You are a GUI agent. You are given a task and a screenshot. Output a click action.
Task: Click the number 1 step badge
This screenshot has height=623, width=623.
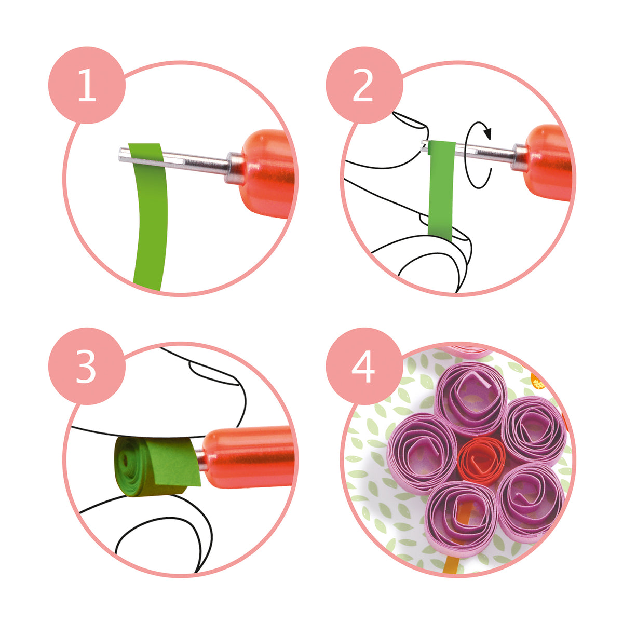[87, 86]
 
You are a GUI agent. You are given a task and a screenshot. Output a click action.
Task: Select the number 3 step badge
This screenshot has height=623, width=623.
[87, 367]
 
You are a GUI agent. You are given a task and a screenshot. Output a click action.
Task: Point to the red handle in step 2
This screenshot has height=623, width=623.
[548, 161]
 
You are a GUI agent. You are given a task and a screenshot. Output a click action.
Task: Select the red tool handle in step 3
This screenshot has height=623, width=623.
[249, 457]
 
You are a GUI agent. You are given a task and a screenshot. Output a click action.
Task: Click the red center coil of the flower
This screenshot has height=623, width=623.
[482, 460]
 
